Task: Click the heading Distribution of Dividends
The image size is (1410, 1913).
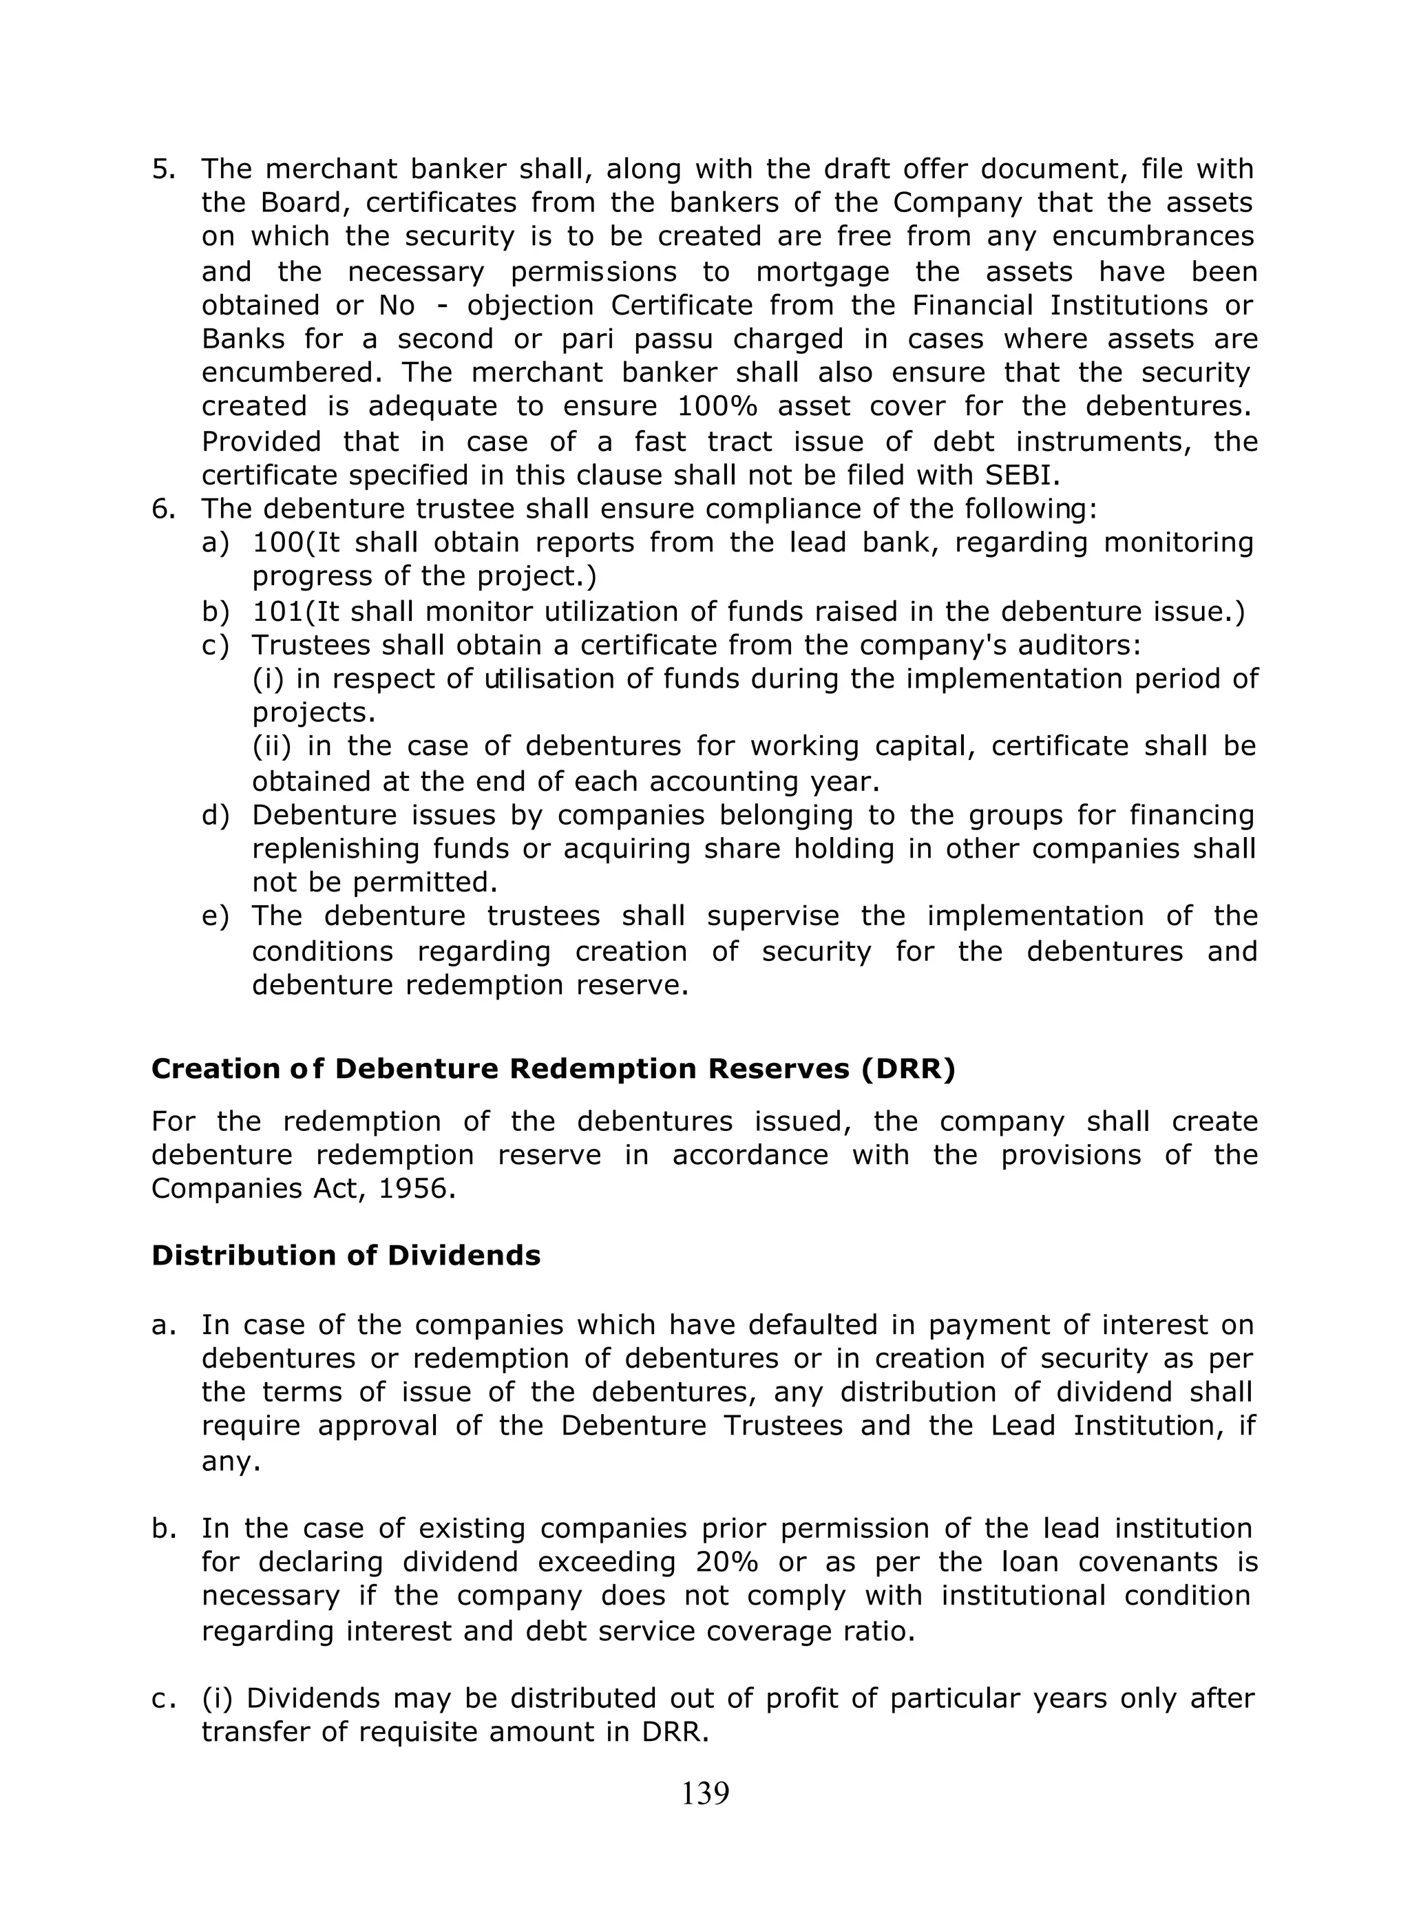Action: tap(346, 1255)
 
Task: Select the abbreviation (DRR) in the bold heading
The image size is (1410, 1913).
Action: tap(907, 1069)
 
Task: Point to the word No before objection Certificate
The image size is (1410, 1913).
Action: tap(396, 305)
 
